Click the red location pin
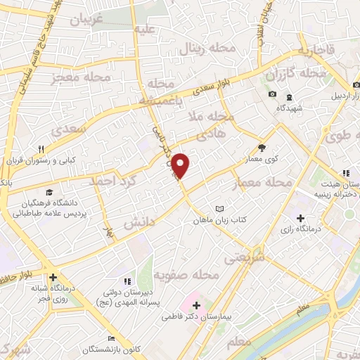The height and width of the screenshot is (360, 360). [x=181, y=166]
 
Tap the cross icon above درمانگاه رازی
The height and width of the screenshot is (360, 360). [x=301, y=218]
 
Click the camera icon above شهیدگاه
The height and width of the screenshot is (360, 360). [x=272, y=95]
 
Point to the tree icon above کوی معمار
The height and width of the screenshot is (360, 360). [x=262, y=147]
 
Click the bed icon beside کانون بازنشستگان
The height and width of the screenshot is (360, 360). [x=110, y=339]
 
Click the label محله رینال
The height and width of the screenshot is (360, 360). [x=202, y=50]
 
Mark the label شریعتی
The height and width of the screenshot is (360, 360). [x=240, y=258]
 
